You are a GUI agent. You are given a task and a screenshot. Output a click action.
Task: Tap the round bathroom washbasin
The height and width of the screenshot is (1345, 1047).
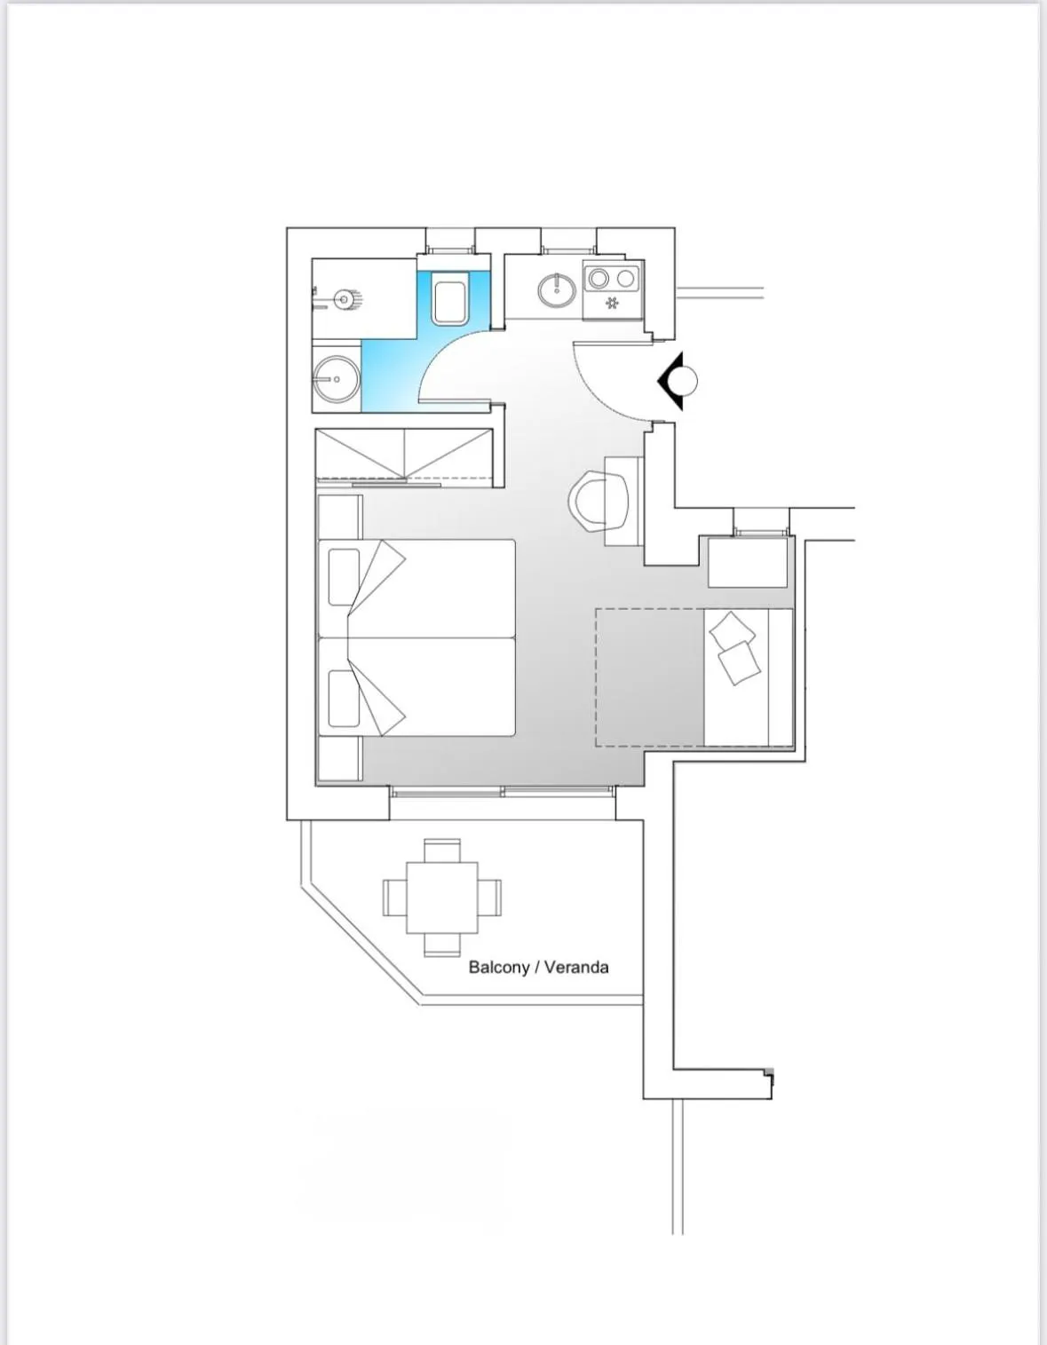coord(336,379)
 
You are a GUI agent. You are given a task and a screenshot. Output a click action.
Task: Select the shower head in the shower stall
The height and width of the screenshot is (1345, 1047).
coord(344,299)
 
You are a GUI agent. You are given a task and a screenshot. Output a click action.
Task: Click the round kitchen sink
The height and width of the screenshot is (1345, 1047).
coord(557,288)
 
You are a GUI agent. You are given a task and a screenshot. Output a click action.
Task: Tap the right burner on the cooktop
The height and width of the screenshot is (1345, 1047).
coord(626,279)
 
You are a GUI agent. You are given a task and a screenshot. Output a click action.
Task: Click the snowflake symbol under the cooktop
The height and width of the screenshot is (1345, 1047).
coord(612,304)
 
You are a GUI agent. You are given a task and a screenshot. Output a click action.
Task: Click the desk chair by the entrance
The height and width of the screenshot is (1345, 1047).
coord(600,501)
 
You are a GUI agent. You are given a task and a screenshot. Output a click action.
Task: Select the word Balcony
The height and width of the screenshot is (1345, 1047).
coord(498,967)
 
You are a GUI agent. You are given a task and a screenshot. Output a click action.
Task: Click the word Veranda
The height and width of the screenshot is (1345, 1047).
coord(576,967)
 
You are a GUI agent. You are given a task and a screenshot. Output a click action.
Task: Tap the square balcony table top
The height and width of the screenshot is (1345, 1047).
coord(442,897)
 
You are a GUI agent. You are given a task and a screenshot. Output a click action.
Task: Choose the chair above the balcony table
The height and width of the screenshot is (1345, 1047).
coord(442,850)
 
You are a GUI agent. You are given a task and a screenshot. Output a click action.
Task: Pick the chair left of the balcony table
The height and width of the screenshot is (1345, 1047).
coord(394,897)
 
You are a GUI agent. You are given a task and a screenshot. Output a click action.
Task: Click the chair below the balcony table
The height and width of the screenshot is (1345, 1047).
coord(442,945)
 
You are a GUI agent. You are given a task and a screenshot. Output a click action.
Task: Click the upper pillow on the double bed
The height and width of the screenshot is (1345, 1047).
coord(344,577)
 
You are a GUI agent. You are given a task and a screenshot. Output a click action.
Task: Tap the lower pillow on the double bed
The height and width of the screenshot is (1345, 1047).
coord(344,698)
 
